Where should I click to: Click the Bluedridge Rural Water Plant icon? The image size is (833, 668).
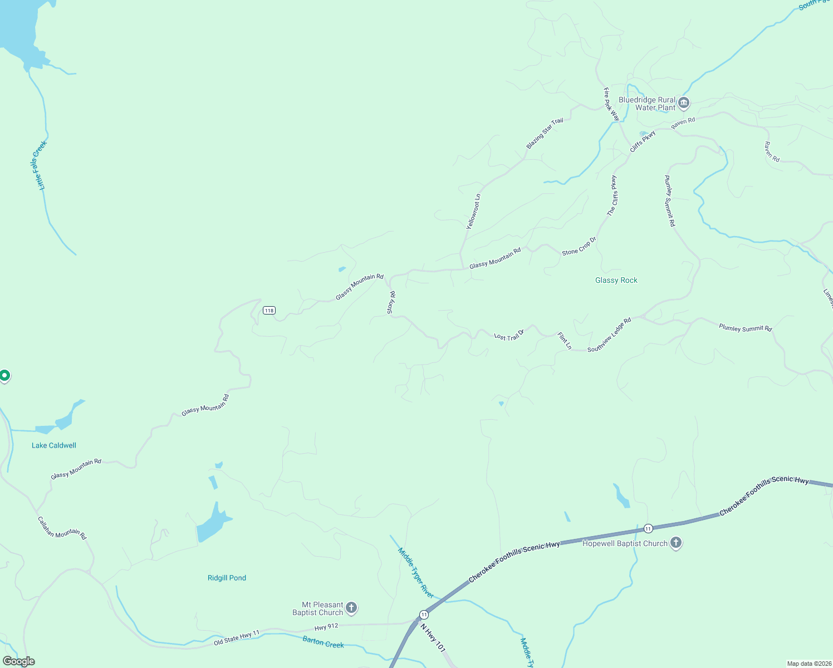(684, 103)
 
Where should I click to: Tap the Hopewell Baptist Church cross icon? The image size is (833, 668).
(676, 543)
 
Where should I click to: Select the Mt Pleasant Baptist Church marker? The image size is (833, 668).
(351, 608)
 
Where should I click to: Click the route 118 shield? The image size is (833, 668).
(269, 310)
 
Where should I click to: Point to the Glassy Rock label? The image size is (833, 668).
(616, 280)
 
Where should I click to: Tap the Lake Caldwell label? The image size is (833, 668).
(54, 445)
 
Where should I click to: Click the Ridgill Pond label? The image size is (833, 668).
(227, 578)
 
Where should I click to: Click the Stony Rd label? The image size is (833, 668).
(391, 302)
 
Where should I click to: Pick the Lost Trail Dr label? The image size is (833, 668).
(509, 336)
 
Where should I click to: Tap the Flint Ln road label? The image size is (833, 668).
(565, 341)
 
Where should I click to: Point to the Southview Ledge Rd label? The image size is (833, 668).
(609, 335)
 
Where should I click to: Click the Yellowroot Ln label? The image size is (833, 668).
(473, 212)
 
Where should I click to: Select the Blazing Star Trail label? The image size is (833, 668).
(545, 134)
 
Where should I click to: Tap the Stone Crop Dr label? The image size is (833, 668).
(579, 246)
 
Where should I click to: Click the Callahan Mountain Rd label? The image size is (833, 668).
(62, 528)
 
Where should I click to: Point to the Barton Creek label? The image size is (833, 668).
(323, 642)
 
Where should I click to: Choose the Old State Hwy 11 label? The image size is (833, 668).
(237, 638)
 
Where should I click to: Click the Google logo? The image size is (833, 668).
(19, 661)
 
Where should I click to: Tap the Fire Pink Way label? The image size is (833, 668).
(611, 104)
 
